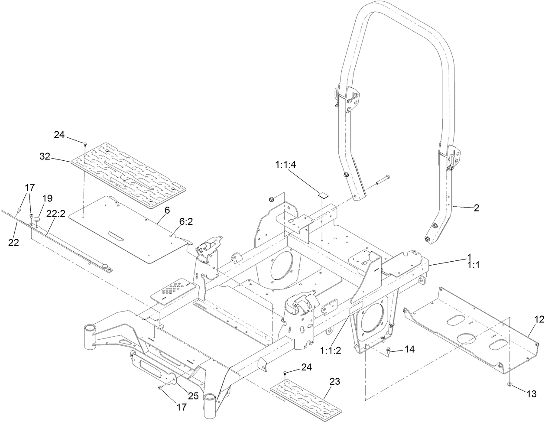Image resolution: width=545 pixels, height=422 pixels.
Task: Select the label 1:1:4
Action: pos(285,165)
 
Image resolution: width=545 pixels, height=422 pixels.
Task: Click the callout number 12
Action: pos(539,319)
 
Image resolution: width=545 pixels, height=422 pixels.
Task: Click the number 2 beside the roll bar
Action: pos(477,208)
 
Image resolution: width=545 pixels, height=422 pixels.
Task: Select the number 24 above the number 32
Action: pos(60,135)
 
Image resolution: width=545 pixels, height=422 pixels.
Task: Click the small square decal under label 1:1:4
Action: pos(323,195)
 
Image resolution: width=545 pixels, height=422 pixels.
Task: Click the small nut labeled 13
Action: pos(510,384)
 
